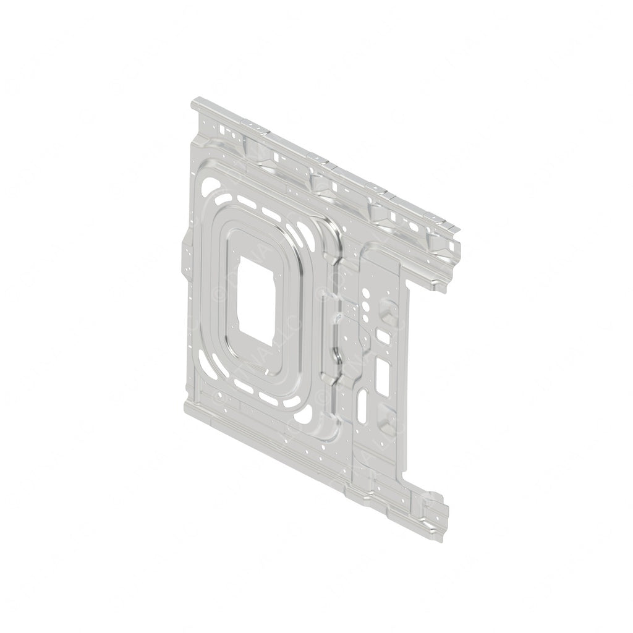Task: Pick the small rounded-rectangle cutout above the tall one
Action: pyautogui.click(x=383, y=337)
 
